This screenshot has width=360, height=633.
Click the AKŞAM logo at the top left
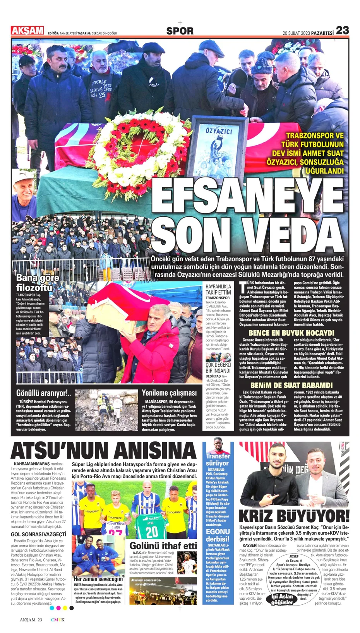(x=27, y=30)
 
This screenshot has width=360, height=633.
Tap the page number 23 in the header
(x=342, y=30)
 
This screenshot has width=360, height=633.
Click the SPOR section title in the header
(x=180, y=31)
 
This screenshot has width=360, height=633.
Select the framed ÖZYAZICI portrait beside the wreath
(x=218, y=148)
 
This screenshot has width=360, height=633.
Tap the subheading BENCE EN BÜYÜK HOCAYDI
(x=291, y=333)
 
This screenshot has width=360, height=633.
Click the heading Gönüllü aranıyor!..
(x=43, y=393)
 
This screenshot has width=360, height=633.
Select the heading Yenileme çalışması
(x=169, y=393)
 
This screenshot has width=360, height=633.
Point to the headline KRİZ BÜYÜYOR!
(x=294, y=516)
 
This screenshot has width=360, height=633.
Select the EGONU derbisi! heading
(x=218, y=535)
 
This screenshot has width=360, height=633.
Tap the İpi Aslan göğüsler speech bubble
(x=282, y=599)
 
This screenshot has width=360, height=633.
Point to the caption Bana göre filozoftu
(x=38, y=282)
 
